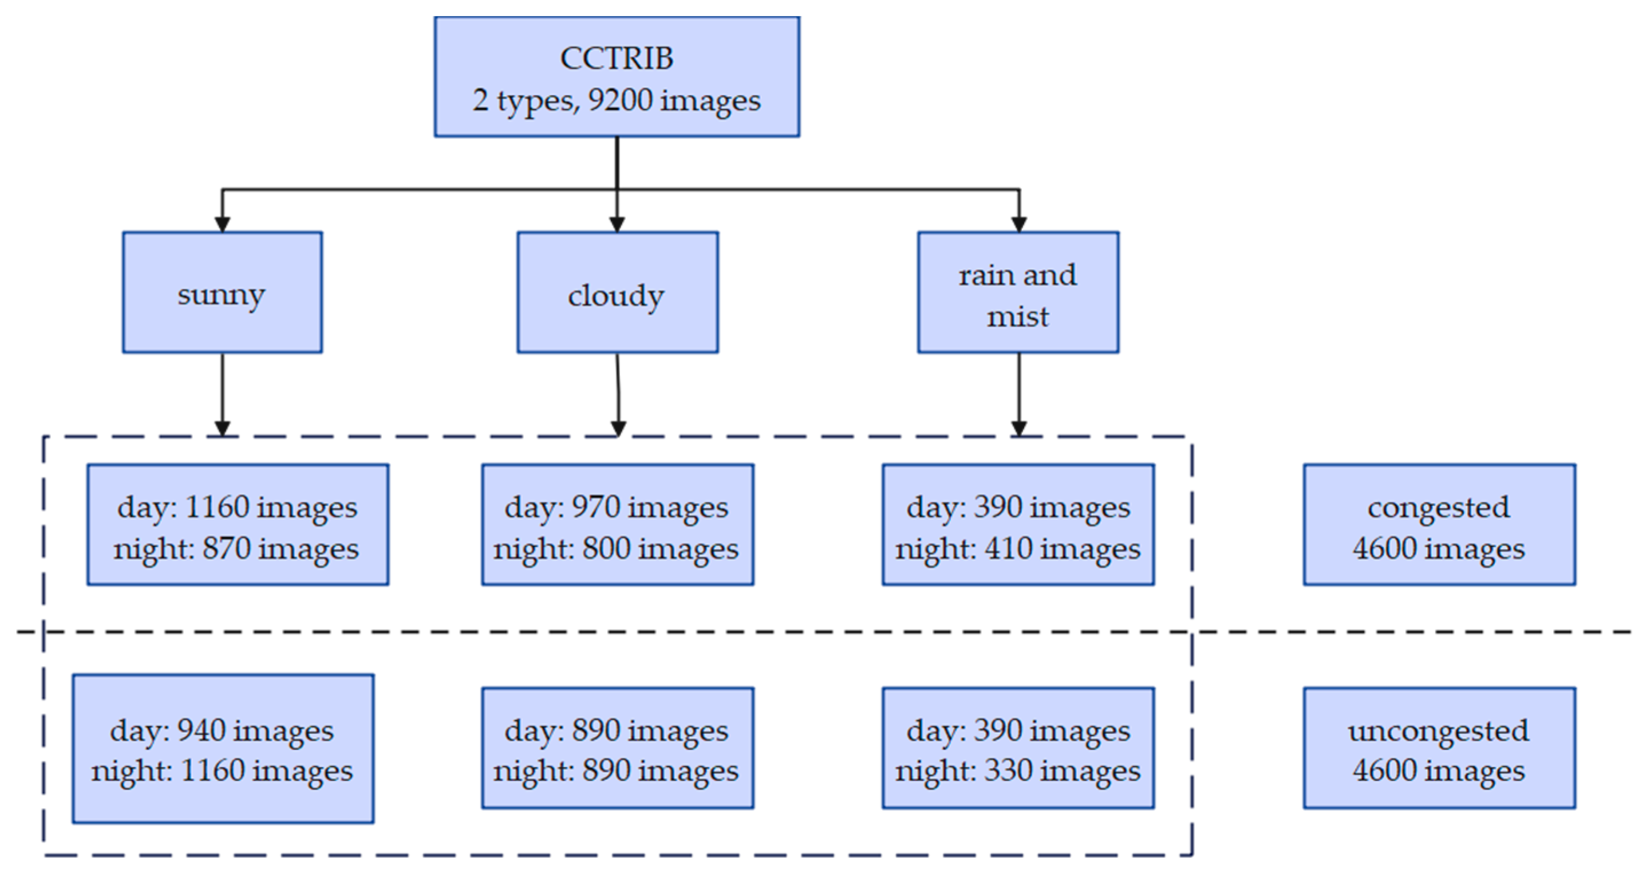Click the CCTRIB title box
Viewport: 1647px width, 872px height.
(617, 77)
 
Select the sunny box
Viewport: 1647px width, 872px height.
(223, 292)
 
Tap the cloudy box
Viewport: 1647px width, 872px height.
(617, 292)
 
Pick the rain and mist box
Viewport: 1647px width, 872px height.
(1018, 292)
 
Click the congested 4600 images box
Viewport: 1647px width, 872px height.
(1439, 525)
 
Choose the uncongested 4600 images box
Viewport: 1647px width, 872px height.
(1439, 748)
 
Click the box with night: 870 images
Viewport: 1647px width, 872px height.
(238, 525)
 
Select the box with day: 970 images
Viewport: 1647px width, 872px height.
(617, 525)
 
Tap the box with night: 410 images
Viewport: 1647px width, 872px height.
(1018, 525)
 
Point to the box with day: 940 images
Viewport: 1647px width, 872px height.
(223, 748)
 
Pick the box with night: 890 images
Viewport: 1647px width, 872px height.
(617, 748)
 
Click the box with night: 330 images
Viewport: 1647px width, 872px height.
(1018, 748)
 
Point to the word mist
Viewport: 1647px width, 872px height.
(1018, 317)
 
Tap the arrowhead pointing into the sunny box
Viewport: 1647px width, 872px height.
(223, 224)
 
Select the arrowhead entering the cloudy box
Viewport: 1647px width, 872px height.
(617, 224)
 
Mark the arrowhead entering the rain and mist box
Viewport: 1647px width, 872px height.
(1019, 224)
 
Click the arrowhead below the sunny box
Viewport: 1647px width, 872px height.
(223, 428)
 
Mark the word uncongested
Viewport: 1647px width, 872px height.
(1439, 730)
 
